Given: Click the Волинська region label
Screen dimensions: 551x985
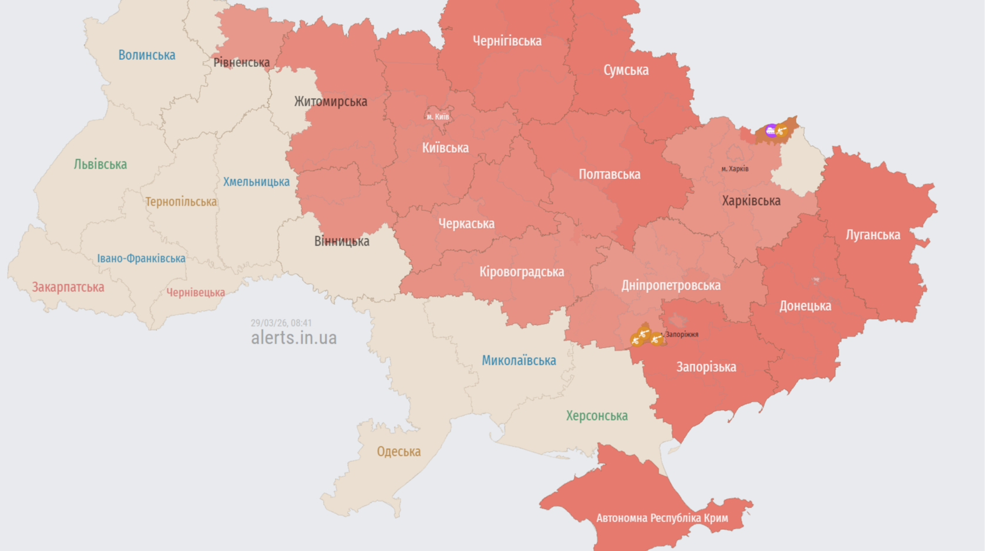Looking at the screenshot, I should tap(147, 55).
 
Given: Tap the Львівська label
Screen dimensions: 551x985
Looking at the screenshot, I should tap(100, 164).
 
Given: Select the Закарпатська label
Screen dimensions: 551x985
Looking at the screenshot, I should tap(68, 287).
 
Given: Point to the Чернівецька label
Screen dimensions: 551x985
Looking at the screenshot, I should tap(196, 293).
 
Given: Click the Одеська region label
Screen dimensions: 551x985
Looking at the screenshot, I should tap(399, 452).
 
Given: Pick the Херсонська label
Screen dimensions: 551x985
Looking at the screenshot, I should tap(597, 416).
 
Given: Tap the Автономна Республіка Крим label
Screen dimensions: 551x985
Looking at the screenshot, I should tap(662, 518).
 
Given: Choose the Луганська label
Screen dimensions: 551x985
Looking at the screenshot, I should tap(873, 235).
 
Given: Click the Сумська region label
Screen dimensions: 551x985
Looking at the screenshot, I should tap(626, 70).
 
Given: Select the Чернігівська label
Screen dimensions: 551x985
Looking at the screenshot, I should tap(507, 41).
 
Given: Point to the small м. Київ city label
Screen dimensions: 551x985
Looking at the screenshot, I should tap(438, 117).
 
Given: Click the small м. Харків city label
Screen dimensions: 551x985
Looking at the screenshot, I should tap(735, 169).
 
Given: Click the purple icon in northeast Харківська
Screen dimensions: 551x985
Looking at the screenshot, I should tap(771, 130).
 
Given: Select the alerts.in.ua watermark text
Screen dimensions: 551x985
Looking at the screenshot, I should tap(294, 338).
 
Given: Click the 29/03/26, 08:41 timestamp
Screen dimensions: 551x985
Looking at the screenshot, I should tap(281, 323).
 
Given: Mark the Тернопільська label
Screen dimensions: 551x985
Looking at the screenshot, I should tap(181, 202).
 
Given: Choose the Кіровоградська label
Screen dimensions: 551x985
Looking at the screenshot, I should tap(522, 272).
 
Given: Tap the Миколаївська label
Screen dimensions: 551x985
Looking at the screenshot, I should tap(519, 361).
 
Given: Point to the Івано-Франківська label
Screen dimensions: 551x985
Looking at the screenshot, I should tap(141, 258).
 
